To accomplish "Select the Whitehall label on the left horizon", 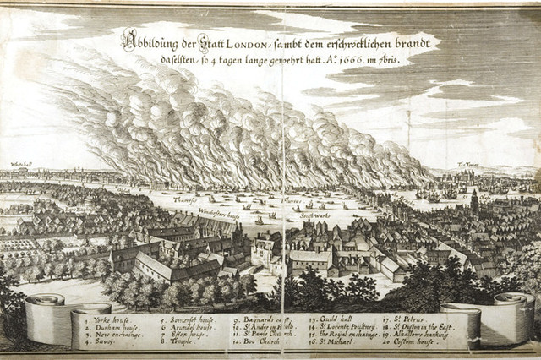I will click(20, 165).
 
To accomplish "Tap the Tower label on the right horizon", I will click(492, 163).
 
